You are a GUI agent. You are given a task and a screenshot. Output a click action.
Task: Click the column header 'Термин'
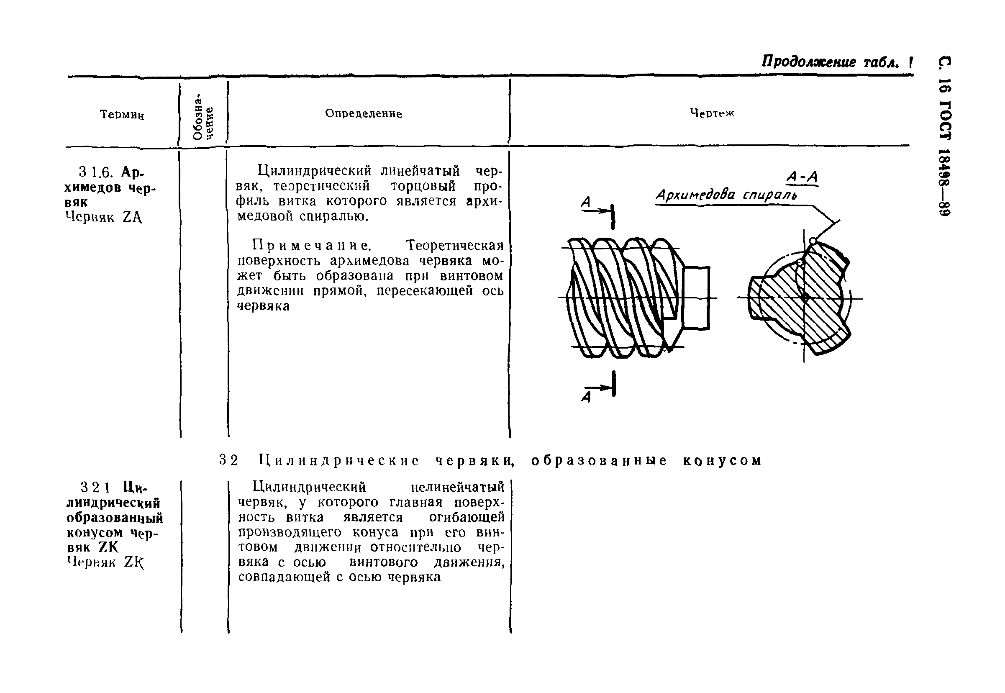tap(122, 115)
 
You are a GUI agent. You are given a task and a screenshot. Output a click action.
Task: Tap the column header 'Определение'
tap(363, 114)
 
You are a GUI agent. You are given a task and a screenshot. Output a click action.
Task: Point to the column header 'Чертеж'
tap(712, 113)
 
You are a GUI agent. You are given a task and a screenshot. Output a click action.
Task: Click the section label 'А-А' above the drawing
tap(802, 177)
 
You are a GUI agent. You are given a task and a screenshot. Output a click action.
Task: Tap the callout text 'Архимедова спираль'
tap(726, 195)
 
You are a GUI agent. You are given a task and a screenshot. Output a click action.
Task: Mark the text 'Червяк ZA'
tap(104, 217)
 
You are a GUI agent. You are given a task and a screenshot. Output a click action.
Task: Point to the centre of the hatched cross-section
tap(804, 298)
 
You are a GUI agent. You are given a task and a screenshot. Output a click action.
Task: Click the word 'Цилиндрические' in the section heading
tap(339, 460)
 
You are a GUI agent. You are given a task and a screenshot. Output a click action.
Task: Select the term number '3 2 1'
tap(95, 488)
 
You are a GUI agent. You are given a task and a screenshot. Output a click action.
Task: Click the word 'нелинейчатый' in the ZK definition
tap(458, 487)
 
